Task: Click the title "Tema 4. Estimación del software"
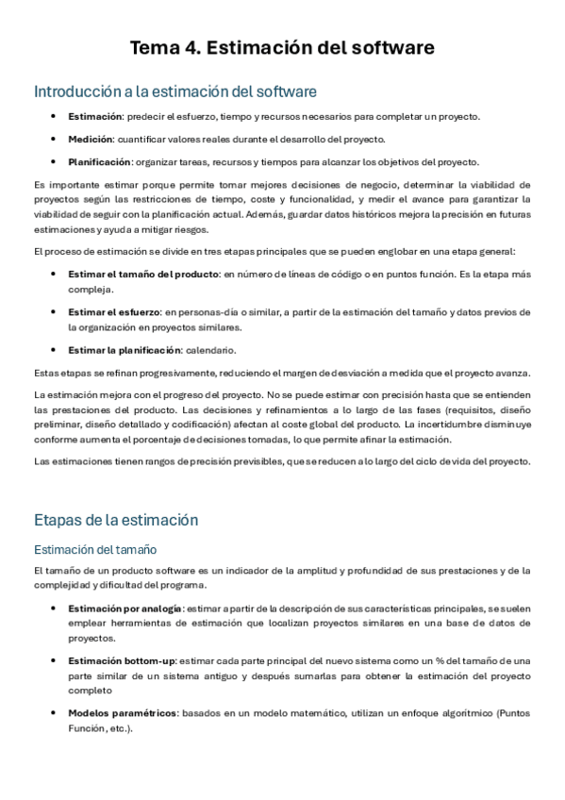[x=282, y=47]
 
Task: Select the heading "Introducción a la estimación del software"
[x=174, y=92]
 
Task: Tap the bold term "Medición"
[x=89, y=139]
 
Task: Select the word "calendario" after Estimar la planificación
[x=214, y=350]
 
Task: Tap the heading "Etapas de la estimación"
[x=115, y=519]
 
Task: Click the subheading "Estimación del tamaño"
[x=94, y=549]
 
